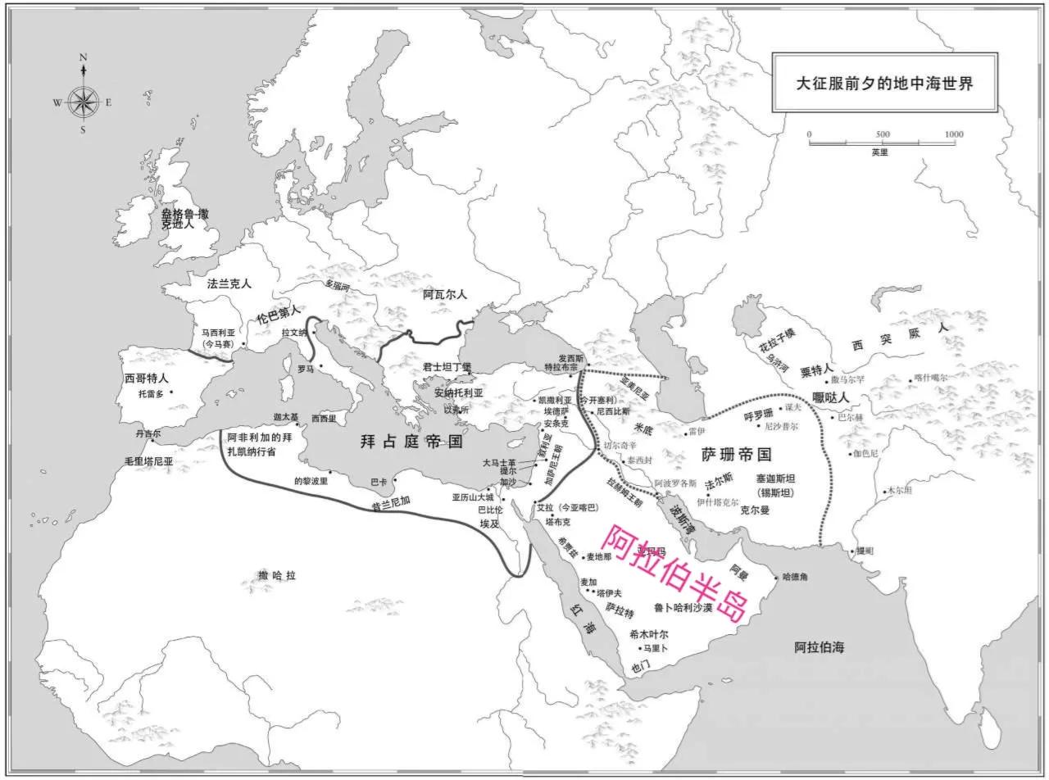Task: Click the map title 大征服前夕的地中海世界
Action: pos(885,83)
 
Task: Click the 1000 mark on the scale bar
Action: pos(953,134)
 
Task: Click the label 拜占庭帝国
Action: pos(411,442)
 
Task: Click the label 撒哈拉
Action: pos(276,575)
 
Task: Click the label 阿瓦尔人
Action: pos(444,294)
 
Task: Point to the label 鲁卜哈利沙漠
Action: pos(683,608)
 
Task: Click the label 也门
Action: pos(640,666)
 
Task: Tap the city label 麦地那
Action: pos(598,556)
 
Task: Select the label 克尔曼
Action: pos(755,509)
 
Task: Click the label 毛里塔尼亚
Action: pos(149,460)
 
